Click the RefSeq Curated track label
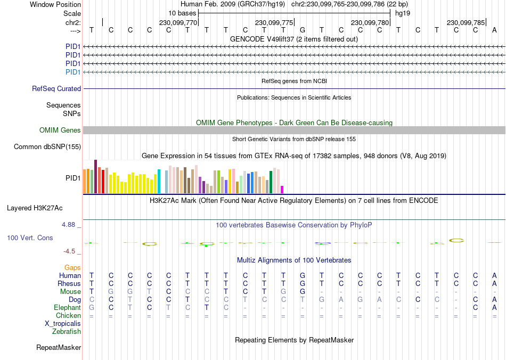[56, 89]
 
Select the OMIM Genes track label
[60, 130]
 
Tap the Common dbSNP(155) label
[47, 147]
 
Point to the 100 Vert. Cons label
[30, 238]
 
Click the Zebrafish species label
[67, 331]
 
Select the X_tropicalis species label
[63, 323]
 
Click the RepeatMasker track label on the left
[59, 348]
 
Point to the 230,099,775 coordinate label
[274, 22]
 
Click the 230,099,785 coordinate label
[466, 22]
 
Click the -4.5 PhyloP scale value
[70, 251]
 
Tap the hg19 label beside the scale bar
[402, 13]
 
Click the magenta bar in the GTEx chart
[282, 189]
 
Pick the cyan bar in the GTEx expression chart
[159, 181]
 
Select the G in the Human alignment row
[303, 275]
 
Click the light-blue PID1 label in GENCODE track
[73, 72]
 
